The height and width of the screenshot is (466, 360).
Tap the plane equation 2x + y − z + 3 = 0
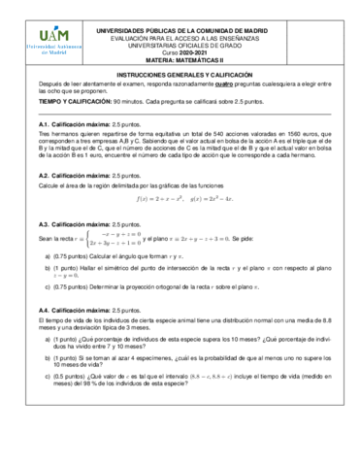tap(221, 238)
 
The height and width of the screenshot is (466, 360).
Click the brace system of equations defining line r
tap(115, 238)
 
